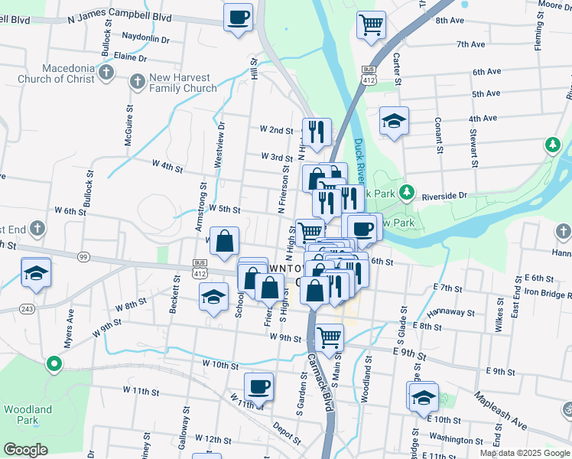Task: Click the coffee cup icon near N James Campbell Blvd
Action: point(239,16)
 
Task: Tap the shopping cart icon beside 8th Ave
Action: point(371,24)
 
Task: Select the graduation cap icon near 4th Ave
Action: point(394,121)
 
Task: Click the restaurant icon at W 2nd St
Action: point(315,132)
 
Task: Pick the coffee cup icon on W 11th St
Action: point(259,386)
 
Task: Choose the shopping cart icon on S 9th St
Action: point(329,336)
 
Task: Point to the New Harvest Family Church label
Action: point(184,83)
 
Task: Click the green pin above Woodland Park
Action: point(53,364)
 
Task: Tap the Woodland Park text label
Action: point(28,415)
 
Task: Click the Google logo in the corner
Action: point(25,450)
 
